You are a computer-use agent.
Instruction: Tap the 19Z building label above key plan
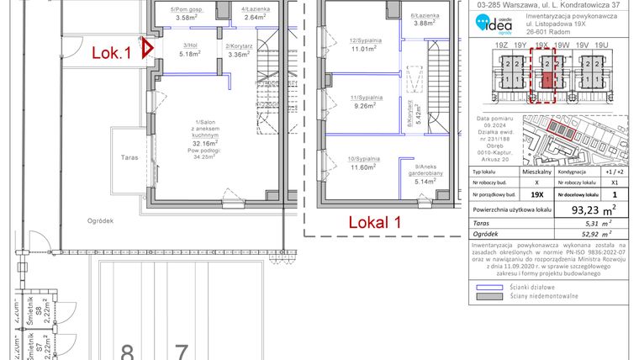pos(504,47)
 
